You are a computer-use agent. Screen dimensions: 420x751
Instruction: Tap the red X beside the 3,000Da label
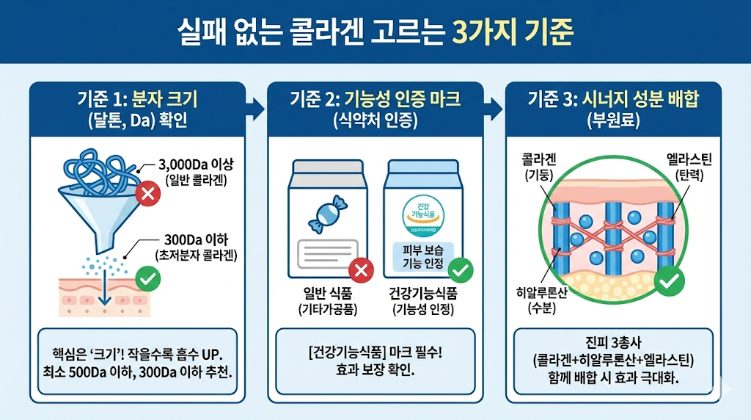tap(148, 194)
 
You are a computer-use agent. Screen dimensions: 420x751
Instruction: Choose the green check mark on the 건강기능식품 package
tap(460, 269)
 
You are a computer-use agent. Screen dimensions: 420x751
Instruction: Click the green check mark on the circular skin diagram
tap(668, 280)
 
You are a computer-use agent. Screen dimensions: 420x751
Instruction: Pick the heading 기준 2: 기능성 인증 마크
tap(375, 99)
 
